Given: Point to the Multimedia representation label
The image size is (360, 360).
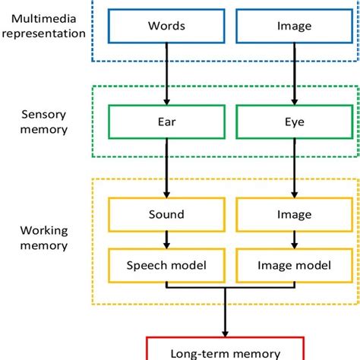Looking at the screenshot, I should tap(46, 25).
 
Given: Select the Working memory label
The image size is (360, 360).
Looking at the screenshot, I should tap(46, 237).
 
